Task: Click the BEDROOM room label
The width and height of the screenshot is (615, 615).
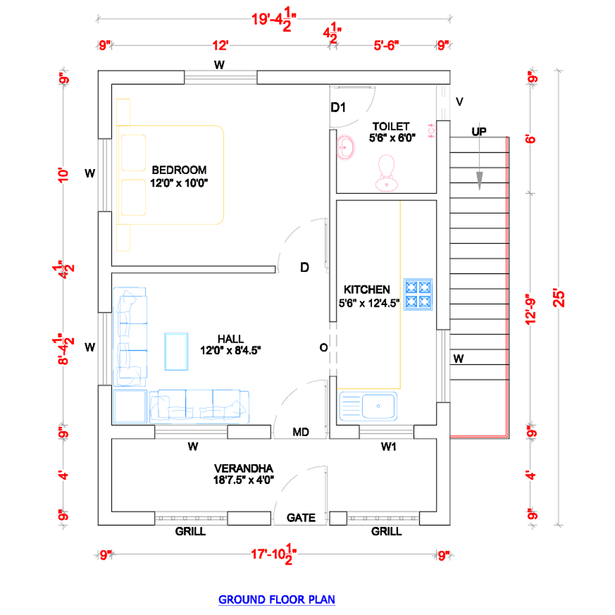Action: pyautogui.click(x=179, y=170)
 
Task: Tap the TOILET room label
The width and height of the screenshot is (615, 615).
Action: pyautogui.click(x=391, y=126)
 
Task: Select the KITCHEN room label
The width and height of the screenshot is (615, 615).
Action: pyautogui.click(x=367, y=290)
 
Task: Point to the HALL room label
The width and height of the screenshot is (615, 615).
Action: pyautogui.click(x=231, y=339)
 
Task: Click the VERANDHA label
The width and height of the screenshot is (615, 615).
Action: pyautogui.click(x=244, y=468)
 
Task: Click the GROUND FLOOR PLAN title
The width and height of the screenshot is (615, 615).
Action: pyautogui.click(x=277, y=600)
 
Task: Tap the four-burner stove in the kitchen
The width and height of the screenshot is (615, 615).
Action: pyautogui.click(x=418, y=295)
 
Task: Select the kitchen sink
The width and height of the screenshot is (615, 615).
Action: pyautogui.click(x=368, y=407)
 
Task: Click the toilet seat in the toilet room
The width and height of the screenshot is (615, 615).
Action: pyautogui.click(x=386, y=173)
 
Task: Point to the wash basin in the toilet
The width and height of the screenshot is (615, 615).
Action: pyautogui.click(x=346, y=148)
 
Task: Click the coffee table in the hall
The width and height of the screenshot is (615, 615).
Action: pyautogui.click(x=176, y=351)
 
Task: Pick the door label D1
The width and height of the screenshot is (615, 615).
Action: pyautogui.click(x=338, y=107)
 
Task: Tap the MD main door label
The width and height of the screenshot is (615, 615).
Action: pyautogui.click(x=301, y=432)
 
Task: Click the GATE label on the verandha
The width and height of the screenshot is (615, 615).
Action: pyautogui.click(x=301, y=518)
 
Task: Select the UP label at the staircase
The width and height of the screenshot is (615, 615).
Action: pyautogui.click(x=479, y=132)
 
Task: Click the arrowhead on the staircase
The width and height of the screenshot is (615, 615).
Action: pyautogui.click(x=479, y=181)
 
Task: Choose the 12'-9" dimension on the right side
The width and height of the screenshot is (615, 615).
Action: pyautogui.click(x=530, y=309)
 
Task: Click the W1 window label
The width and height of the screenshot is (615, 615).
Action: pyautogui.click(x=389, y=446)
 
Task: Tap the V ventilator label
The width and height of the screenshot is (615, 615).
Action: pyautogui.click(x=459, y=102)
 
